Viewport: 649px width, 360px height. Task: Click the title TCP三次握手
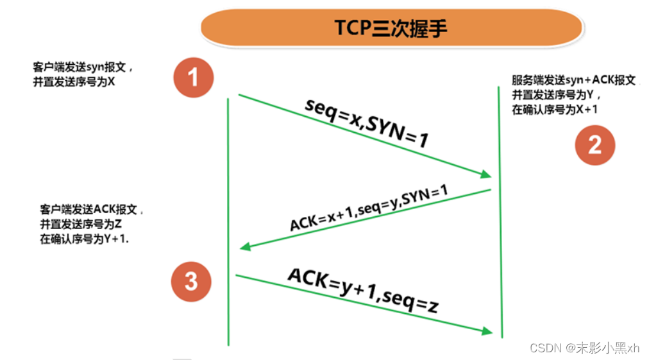click(x=391, y=28)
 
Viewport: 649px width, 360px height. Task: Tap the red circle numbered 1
click(x=193, y=77)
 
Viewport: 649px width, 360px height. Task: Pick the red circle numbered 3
click(x=192, y=281)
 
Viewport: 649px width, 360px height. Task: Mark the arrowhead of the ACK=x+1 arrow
click(x=244, y=248)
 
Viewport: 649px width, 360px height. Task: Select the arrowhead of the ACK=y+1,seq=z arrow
click(x=488, y=332)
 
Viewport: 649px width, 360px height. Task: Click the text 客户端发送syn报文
click(x=84, y=66)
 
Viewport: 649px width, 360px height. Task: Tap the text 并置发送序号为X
click(x=74, y=81)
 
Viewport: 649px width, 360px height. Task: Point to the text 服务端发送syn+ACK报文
click(x=574, y=80)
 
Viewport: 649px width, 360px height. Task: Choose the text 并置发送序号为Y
click(x=556, y=95)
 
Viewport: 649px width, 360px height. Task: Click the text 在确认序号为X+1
click(x=555, y=110)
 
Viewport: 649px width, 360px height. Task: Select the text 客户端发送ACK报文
click(x=92, y=210)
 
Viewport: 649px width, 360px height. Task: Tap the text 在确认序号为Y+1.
click(x=84, y=239)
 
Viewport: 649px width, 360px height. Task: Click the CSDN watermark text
click(x=585, y=347)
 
